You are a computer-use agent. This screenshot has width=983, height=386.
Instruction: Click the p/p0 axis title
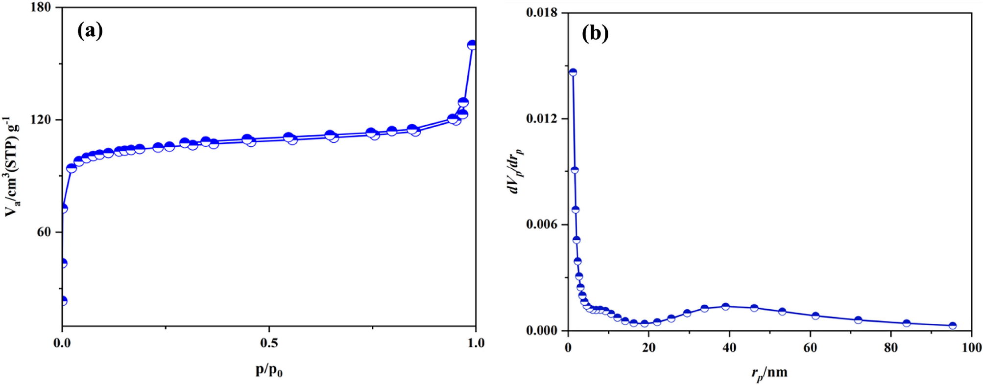pos(269,370)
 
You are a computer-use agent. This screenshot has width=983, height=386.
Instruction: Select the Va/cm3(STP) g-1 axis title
pos(12,166)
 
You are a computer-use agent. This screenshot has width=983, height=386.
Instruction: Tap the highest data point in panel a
pos(472,45)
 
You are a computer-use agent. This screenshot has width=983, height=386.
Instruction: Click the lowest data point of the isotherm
pos(63,300)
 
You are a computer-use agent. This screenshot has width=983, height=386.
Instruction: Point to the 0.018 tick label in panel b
pos(542,13)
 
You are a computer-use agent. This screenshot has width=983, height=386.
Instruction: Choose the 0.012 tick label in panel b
pos(542,119)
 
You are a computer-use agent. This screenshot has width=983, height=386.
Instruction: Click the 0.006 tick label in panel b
pos(542,225)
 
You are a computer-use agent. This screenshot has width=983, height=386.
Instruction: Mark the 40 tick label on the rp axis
pos(729,348)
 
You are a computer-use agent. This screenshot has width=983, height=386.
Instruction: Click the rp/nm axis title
pos(769,373)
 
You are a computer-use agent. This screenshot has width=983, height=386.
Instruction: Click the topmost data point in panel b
pos(573,72)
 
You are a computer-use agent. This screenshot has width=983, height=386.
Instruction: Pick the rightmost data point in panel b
pos(953,325)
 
